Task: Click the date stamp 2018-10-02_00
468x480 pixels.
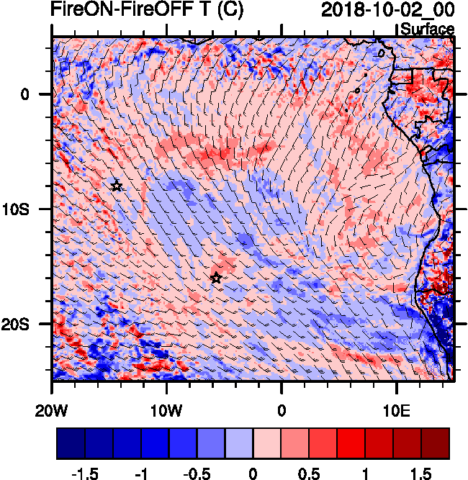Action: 387,10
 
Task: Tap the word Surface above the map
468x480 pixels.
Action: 427,30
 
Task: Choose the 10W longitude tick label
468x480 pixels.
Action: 166,410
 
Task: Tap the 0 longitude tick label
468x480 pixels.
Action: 282,410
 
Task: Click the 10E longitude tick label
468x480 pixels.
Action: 397,410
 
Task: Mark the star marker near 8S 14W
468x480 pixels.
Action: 117,186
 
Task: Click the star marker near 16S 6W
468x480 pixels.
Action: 216,278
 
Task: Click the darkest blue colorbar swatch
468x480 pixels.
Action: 71,443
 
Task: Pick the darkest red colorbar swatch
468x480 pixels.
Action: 435,443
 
